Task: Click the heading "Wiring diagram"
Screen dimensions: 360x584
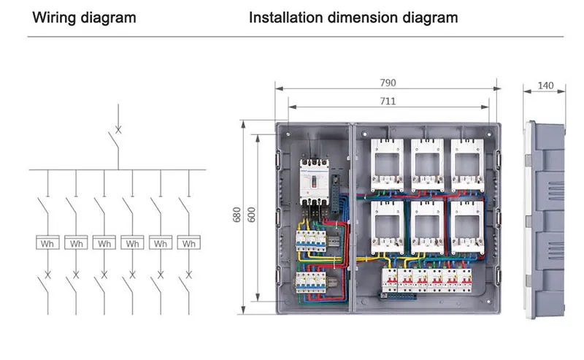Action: tap(83, 18)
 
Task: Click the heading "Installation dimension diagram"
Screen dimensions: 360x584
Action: tap(353, 18)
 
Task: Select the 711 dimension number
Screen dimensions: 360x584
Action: tap(387, 102)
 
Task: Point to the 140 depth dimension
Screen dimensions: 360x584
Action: tap(545, 86)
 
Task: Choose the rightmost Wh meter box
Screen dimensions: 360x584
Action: tap(189, 243)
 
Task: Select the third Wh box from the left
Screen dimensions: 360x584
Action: tap(104, 243)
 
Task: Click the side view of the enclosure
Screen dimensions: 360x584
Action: tap(545, 219)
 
